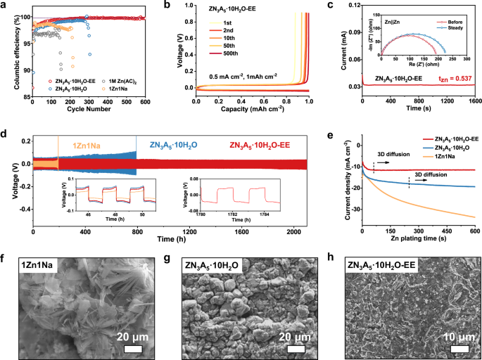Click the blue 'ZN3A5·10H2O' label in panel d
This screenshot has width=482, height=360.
[x=179, y=146]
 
